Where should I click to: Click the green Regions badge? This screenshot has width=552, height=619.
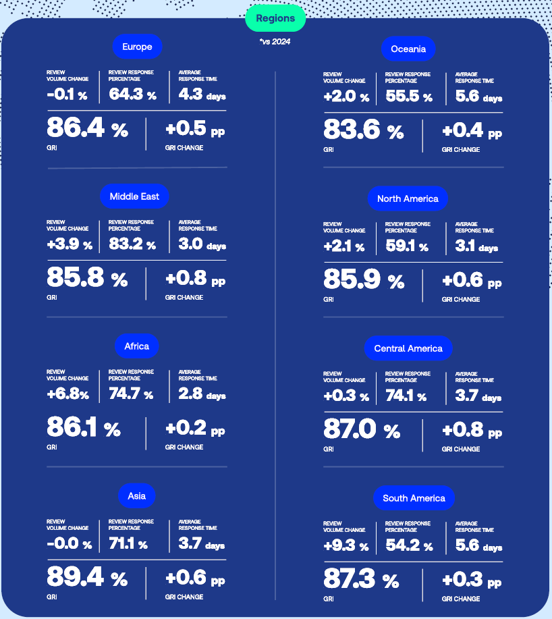point(275,18)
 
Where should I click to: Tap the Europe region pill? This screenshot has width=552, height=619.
point(137,47)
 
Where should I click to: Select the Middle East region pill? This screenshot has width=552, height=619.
point(134,196)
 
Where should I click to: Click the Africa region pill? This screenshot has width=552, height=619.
point(136,346)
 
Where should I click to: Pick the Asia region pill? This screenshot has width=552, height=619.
point(136,496)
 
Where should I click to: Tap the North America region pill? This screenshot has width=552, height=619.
point(408,198)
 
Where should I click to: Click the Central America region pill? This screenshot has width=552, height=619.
point(408,348)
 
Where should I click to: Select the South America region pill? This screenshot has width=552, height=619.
point(414,498)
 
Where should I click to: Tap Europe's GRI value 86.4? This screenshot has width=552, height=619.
point(75,128)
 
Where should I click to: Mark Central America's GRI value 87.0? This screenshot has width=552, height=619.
point(350,429)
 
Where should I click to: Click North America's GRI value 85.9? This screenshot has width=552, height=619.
point(352,279)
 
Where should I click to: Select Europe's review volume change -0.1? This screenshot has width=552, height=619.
point(60,95)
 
